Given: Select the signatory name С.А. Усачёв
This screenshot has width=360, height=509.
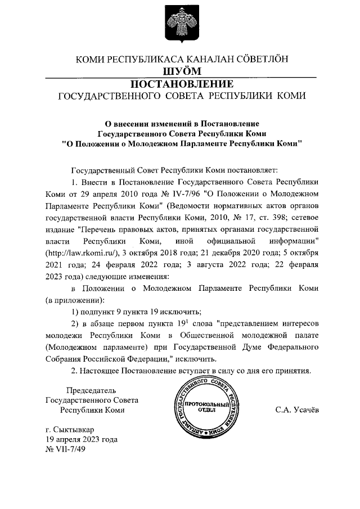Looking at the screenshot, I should click(x=297, y=410).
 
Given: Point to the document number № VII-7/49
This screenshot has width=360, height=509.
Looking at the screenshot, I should click(x=65, y=449).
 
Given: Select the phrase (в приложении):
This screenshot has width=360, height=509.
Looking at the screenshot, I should click(x=71, y=300).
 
